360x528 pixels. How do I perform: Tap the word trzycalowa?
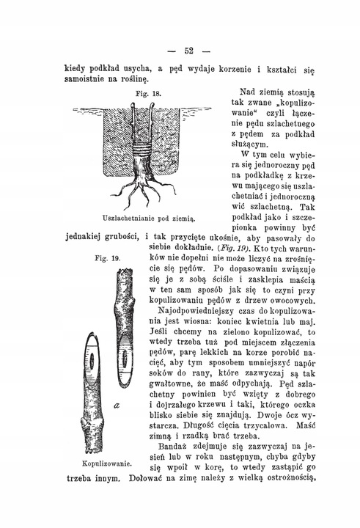(260, 423)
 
